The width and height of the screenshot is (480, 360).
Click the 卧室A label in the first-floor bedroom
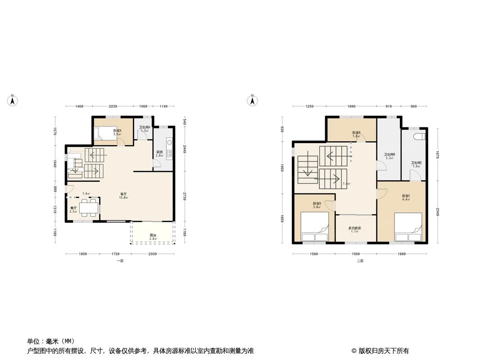(117, 130)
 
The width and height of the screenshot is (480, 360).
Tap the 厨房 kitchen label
(159, 152)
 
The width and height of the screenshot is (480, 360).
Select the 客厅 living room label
(122, 194)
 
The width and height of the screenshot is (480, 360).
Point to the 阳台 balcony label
(154, 235)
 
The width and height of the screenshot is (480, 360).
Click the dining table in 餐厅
(88, 207)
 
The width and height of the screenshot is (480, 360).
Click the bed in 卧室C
(408, 227)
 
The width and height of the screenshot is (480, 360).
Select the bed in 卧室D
(315, 227)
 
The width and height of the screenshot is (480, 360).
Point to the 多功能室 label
(355, 228)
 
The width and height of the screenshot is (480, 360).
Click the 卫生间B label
(389, 155)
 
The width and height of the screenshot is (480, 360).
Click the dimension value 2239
(113, 106)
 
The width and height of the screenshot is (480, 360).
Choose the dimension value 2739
(184, 196)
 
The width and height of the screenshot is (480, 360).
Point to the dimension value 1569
(356, 254)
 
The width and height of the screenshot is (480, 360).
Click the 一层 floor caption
(120, 261)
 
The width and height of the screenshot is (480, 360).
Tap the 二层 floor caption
(360, 261)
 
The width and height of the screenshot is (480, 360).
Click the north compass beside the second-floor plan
(253, 100)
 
